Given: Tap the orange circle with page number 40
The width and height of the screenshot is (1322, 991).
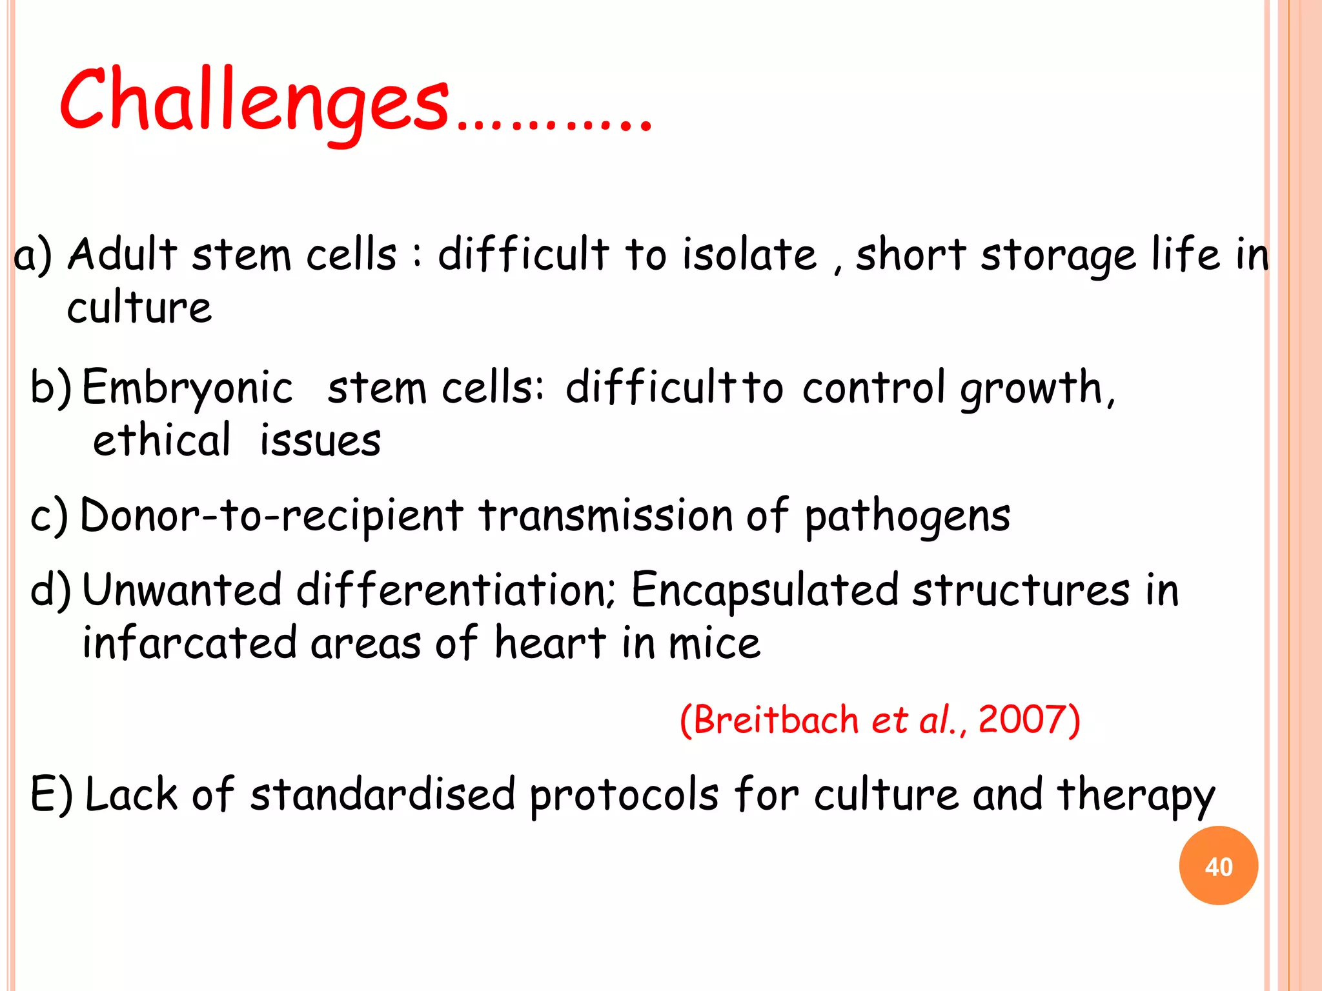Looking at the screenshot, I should tap(1218, 866).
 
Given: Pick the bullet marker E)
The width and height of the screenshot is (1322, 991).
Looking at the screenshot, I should tap(52, 795).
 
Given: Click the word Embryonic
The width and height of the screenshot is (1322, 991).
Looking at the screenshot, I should tap(187, 388).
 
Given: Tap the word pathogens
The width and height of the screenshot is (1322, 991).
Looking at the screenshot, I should tap(907, 517).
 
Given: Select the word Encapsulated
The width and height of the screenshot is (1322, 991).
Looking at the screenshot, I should tap(764, 591).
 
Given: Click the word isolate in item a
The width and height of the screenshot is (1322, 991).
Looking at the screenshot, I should tap(749, 254).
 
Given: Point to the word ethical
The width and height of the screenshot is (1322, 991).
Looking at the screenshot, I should tap(161, 441).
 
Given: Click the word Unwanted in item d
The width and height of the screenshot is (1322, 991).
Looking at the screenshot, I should tap(182, 590).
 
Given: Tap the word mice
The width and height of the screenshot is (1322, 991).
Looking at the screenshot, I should tap(715, 644).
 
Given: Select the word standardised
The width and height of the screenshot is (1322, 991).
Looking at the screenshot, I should tap(383, 795).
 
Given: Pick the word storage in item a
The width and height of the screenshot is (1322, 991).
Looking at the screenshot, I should tap(1058, 255).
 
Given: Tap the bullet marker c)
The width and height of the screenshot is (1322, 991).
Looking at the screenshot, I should tap(49, 517).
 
